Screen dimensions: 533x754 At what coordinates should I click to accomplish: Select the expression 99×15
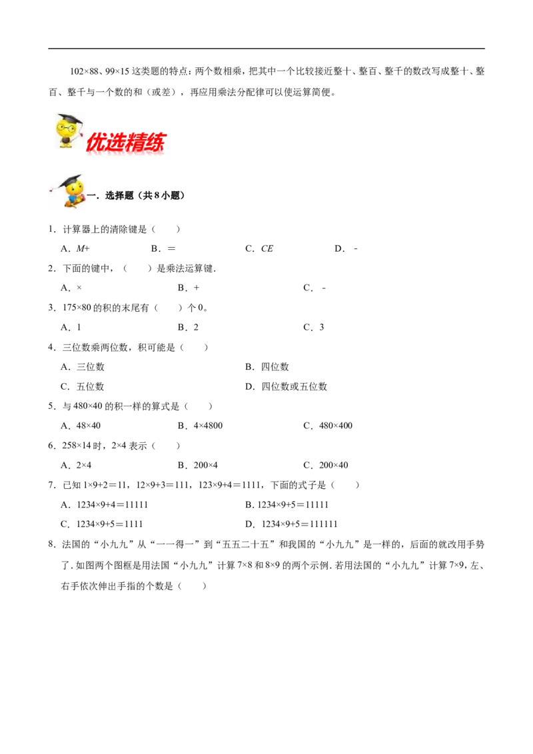pyautogui.click(x=117, y=71)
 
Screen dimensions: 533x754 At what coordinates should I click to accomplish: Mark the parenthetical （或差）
pyautogui.click(x=158, y=93)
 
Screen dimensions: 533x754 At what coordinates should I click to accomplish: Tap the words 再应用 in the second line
pyautogui.click(x=202, y=93)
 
